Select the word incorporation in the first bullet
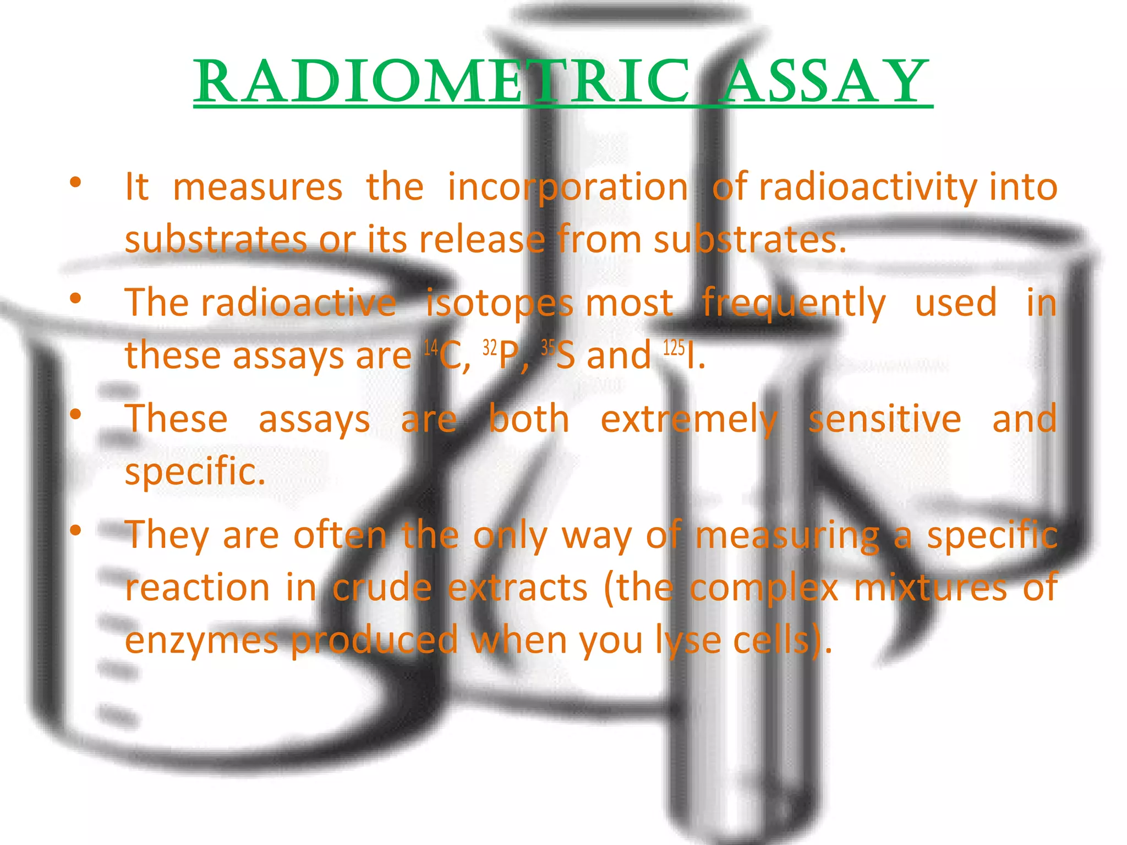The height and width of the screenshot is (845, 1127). (567, 188)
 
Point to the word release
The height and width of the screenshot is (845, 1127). (482, 240)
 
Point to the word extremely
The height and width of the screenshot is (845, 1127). (688, 420)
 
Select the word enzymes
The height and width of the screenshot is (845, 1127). (201, 641)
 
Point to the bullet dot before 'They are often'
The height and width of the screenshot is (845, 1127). (75, 530)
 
